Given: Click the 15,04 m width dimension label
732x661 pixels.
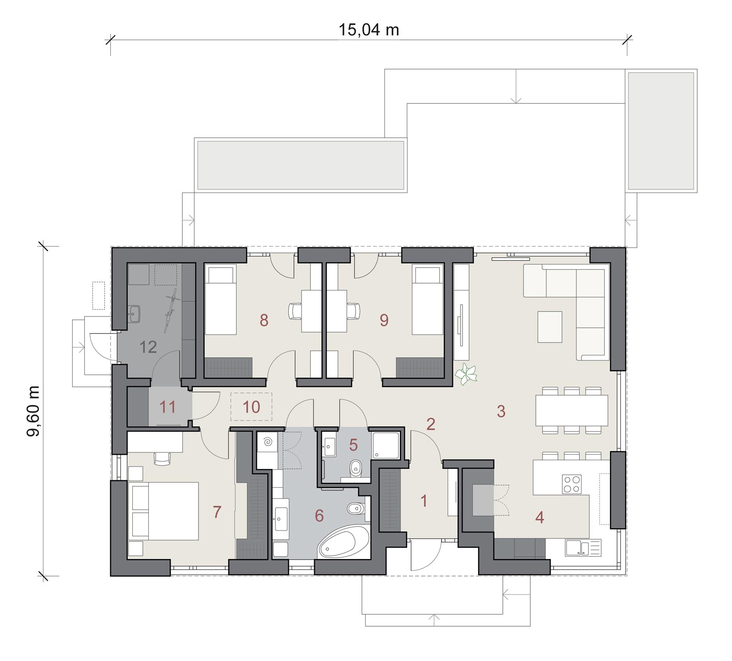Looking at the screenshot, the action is click(369, 30).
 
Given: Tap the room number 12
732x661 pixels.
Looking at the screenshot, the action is click(148, 347).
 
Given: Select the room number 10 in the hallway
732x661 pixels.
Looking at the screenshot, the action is click(251, 407).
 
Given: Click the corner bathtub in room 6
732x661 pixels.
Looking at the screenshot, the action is click(344, 542).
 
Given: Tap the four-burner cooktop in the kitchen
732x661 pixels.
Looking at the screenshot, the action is click(571, 484).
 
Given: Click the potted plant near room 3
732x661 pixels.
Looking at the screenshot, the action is click(466, 374).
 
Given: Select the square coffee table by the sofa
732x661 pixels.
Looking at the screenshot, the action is click(549, 327).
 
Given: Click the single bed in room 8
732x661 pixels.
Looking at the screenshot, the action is click(221, 301).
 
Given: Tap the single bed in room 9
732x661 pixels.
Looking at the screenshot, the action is click(428, 301).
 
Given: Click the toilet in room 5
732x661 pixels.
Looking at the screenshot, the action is click(355, 468).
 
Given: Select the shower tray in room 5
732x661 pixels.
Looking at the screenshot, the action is click(387, 445).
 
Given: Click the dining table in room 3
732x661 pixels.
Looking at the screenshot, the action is click(571, 410).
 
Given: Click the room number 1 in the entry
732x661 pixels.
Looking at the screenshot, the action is click(424, 501).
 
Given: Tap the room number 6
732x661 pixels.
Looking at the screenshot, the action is click(319, 516).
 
